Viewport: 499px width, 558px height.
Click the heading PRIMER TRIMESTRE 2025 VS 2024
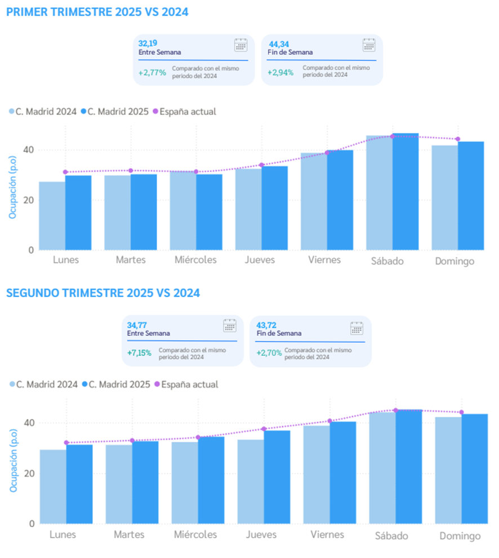coord(97,12)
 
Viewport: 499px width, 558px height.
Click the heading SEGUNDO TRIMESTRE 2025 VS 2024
coord(103,293)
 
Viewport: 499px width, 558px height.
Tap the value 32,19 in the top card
coord(148,43)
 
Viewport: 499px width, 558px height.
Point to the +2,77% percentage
coord(152,72)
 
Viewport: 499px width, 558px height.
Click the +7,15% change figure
coord(139,353)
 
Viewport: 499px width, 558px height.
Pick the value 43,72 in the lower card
coord(265,325)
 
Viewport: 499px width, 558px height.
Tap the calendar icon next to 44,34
coord(369,46)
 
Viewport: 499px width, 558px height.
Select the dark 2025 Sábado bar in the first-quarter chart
coord(406,191)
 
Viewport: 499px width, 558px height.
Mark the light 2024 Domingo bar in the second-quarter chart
coord(448,470)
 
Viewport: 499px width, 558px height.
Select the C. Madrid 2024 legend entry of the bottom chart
coord(43,385)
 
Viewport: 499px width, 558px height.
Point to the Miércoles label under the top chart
coord(195,260)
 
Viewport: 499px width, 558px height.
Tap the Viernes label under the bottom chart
coord(327,534)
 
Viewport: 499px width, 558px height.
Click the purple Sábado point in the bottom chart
coord(395,410)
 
